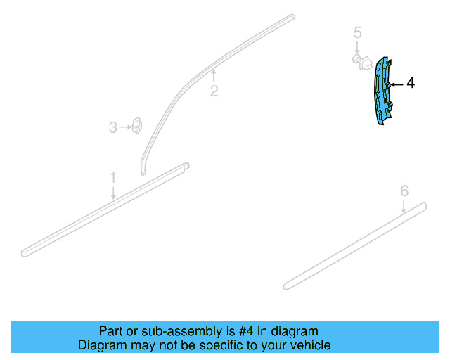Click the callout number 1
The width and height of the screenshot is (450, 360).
(x=113, y=177)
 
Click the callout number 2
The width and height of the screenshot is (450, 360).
(x=214, y=91)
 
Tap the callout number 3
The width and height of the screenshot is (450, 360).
(x=113, y=127)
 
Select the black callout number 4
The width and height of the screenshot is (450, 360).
(x=411, y=83)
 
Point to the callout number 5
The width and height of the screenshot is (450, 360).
(x=358, y=32)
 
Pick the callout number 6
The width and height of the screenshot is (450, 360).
(x=404, y=191)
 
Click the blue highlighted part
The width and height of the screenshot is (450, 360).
(x=382, y=92)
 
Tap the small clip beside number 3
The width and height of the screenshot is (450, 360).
(x=137, y=126)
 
